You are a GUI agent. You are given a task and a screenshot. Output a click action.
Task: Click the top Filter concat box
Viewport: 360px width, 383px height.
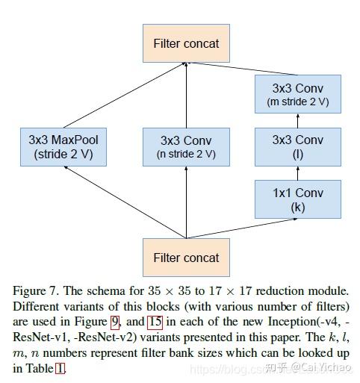186,43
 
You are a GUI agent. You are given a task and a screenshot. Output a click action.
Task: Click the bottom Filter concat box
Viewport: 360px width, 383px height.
186,258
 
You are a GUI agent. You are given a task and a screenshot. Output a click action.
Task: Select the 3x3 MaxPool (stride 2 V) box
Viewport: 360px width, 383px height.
63,146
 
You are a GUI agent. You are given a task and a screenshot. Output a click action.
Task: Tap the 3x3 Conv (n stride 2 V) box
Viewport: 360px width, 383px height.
186,146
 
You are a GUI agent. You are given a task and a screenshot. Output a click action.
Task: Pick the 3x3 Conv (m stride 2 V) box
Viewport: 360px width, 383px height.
298,94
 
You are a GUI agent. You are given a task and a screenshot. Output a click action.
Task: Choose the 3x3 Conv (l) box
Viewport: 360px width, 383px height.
298,146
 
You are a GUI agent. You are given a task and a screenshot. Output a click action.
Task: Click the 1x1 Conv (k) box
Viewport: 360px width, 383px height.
298,199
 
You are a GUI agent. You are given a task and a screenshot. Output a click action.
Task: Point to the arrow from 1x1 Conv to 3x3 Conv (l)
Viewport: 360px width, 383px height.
298,173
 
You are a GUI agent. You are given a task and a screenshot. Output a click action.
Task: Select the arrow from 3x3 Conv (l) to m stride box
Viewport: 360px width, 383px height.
298,120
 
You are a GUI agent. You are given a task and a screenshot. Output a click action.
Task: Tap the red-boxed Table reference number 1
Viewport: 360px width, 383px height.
60,368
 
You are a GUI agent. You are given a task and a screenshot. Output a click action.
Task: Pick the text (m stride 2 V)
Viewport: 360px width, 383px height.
298,102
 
